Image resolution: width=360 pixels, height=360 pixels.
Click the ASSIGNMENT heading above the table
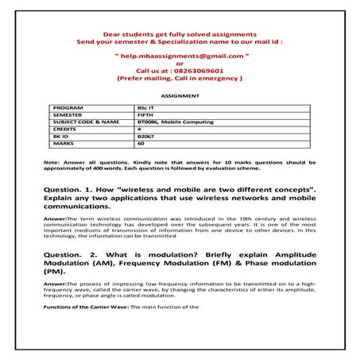[x=179, y=94]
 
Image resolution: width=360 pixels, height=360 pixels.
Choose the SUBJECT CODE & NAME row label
[x=85, y=122]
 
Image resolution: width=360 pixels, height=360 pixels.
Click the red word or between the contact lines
[x=179, y=64]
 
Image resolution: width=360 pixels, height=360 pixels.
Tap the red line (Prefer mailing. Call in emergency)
[x=179, y=79]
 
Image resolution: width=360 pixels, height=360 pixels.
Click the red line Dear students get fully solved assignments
[x=179, y=35]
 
